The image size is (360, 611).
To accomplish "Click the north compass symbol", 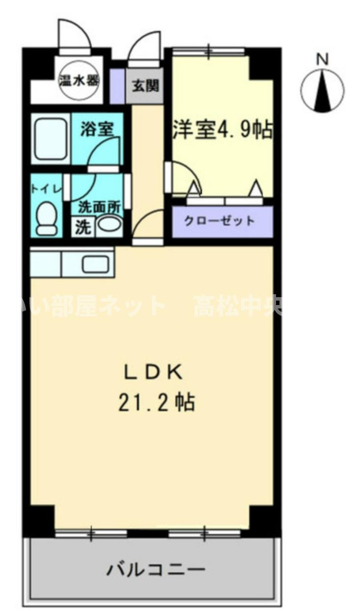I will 322,90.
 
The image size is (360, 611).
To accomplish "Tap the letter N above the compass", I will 322,59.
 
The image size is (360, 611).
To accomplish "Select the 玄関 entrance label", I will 145,86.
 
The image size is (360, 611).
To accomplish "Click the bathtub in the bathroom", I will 51,138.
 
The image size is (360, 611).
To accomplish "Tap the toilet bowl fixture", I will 47,220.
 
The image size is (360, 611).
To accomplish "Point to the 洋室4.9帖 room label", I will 222,130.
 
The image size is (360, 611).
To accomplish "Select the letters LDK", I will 153,372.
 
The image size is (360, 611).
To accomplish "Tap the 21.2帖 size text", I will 156,403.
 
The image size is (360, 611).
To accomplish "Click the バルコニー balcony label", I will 156,570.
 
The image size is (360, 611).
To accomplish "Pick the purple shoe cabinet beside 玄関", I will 116,86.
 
